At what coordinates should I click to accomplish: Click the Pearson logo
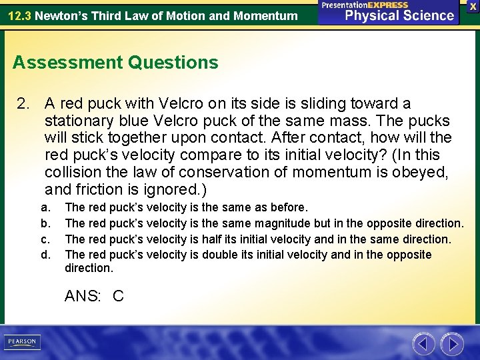click(x=22, y=342)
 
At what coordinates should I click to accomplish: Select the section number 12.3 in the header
click(x=20, y=15)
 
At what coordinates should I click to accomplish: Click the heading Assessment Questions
click(x=115, y=63)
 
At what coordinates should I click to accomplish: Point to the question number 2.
click(x=23, y=104)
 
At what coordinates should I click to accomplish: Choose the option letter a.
click(x=44, y=207)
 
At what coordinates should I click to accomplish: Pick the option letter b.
click(x=45, y=223)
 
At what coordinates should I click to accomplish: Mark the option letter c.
click(x=44, y=239)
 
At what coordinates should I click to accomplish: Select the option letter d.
click(x=45, y=255)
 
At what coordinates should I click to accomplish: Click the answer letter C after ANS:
click(x=118, y=296)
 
